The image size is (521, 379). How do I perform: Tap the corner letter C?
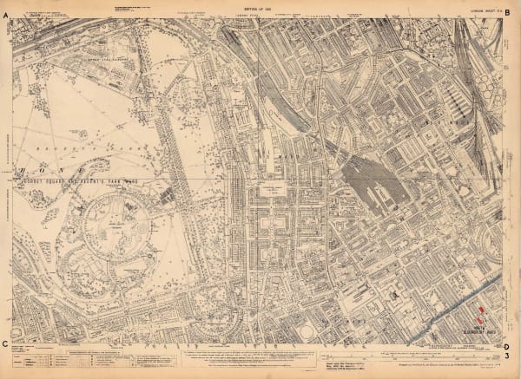[x=7, y=344]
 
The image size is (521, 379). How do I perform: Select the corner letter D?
[x=508, y=344]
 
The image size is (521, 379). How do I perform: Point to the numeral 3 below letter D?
[x=508, y=356]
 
